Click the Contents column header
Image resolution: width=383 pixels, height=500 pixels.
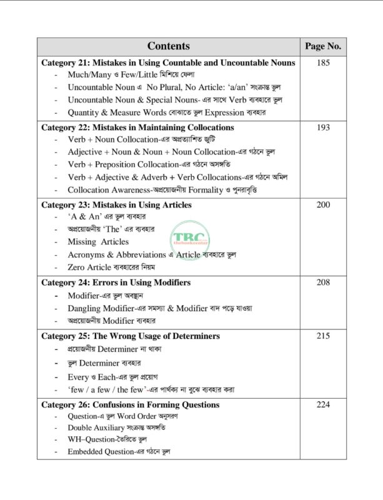[169, 46]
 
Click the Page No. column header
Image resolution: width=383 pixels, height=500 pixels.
[322, 46]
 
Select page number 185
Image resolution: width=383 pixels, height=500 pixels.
[322, 63]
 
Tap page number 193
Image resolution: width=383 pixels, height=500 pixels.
[322, 127]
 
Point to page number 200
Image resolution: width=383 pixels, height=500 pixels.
[322, 204]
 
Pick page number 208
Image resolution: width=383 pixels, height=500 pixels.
[322, 282]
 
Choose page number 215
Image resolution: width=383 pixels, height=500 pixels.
[322, 336]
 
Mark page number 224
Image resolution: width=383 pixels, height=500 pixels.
[322, 404]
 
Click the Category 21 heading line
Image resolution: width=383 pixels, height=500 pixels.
[168, 63]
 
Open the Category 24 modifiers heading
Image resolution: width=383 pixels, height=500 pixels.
[116, 282]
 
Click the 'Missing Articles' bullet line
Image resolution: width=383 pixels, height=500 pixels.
[98, 241]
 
